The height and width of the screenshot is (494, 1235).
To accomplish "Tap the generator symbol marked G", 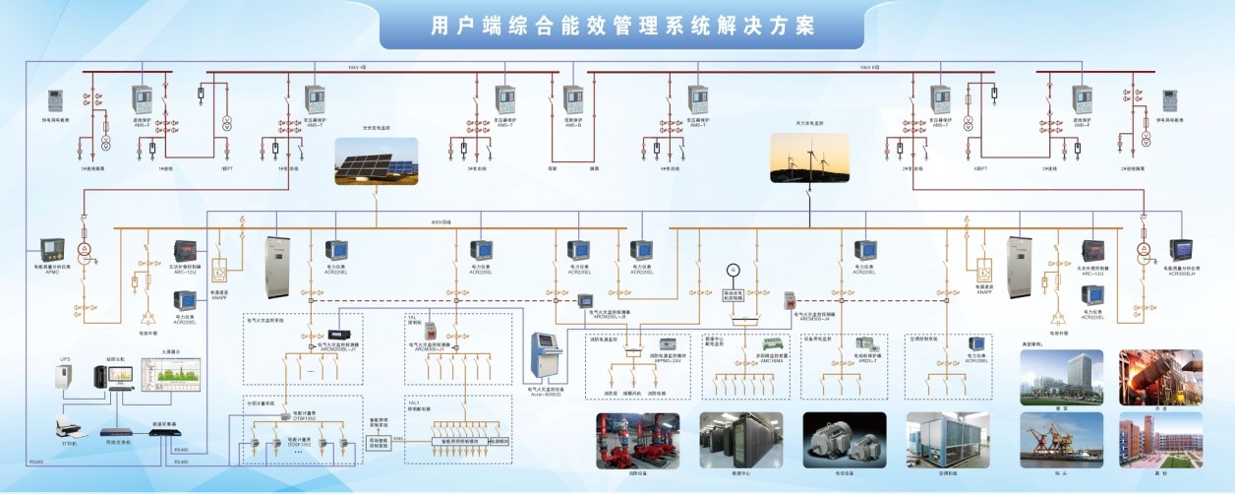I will pos(732,269).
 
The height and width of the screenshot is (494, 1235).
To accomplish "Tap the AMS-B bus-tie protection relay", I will pos(572,99).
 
